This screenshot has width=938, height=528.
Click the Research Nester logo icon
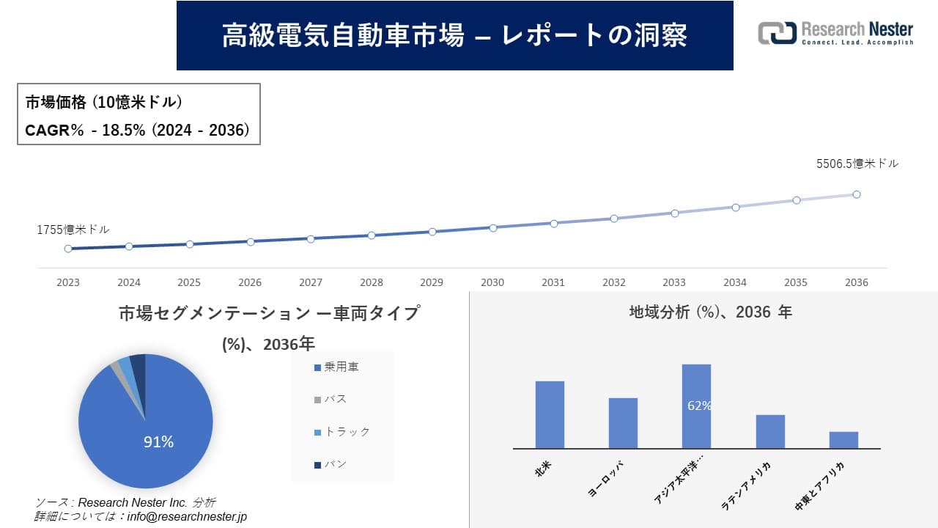pos(777,34)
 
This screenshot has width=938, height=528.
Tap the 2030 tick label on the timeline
pos(492,282)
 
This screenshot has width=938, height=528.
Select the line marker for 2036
pos(857,194)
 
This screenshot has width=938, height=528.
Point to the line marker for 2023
pos(68,249)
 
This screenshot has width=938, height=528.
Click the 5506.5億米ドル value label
pos(857,164)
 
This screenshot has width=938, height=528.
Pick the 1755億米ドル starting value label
pos(73,230)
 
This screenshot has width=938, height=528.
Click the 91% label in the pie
pos(158,442)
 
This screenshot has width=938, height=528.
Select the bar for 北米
pos(550,414)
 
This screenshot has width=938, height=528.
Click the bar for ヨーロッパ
pos(623,423)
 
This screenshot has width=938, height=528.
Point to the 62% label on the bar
pos(699,406)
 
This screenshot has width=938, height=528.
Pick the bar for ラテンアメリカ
pos(770,431)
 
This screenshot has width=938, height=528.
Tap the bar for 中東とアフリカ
pos(843,440)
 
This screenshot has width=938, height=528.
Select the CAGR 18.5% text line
pos(138,131)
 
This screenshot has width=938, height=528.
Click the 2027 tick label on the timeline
pos(311,282)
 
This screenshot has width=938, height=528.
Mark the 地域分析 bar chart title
pos(710,312)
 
